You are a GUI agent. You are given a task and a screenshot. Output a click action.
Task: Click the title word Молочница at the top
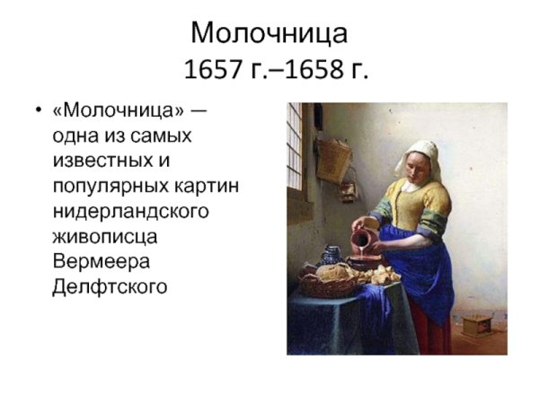click(269, 32)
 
